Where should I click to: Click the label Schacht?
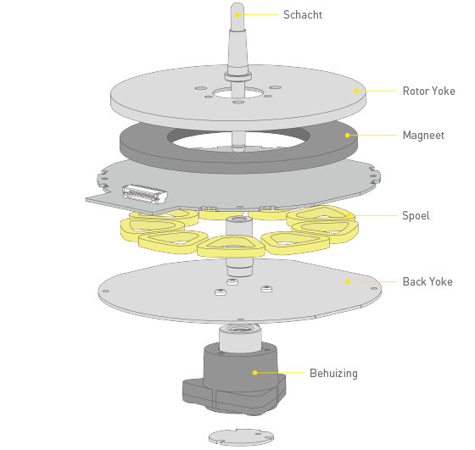[303, 14]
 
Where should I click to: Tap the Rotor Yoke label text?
[428, 91]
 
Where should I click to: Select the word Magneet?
[423, 135]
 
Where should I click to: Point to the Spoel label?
[416, 216]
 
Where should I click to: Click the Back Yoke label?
[427, 281]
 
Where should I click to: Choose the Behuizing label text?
[333, 373]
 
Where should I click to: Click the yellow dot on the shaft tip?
[237, 14]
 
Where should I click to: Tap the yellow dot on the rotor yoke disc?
[356, 91]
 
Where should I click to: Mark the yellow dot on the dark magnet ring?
[348, 136]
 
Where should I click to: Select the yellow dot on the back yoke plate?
[348, 281]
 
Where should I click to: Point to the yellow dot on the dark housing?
[254, 373]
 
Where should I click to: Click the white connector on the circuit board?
[145, 194]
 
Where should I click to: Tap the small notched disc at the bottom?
[241, 437]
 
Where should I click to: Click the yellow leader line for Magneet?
[372, 136]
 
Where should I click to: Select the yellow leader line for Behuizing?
[280, 373]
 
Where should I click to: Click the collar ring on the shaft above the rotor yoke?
[237, 76]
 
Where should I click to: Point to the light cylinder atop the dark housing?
[240, 337]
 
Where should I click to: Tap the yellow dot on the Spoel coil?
[349, 216]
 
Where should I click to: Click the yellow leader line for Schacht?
[258, 14]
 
